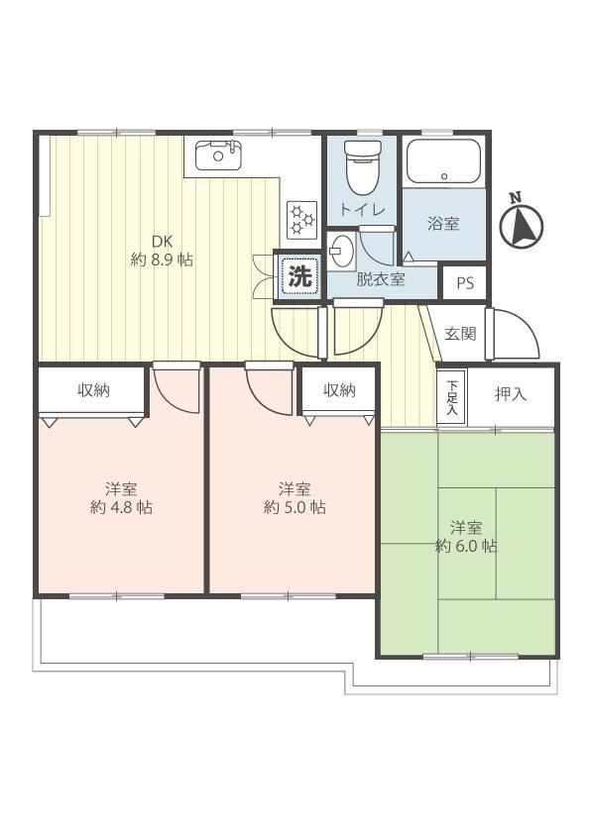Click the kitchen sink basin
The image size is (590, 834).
tap(217, 155)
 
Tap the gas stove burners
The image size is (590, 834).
tap(300, 219)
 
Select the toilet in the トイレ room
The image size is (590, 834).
tap(363, 167)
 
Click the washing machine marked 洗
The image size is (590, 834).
tap(299, 276)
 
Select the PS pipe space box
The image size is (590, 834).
tap(465, 283)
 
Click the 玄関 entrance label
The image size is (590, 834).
tap(460, 334)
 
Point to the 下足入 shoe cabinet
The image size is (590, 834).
tap(452, 397)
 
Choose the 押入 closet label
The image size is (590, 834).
tap(511, 394)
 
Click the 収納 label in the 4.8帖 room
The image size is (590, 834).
tap(94, 390)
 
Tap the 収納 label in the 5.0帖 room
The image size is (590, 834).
tap(339, 390)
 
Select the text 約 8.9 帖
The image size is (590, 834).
tap(162, 261)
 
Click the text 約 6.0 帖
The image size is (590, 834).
tap(466, 546)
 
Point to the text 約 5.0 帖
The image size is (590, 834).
tap(295, 507)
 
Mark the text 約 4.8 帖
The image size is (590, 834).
tap(121, 507)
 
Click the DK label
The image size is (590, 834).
tap(162, 242)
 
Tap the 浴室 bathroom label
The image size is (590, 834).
tap(443, 224)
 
